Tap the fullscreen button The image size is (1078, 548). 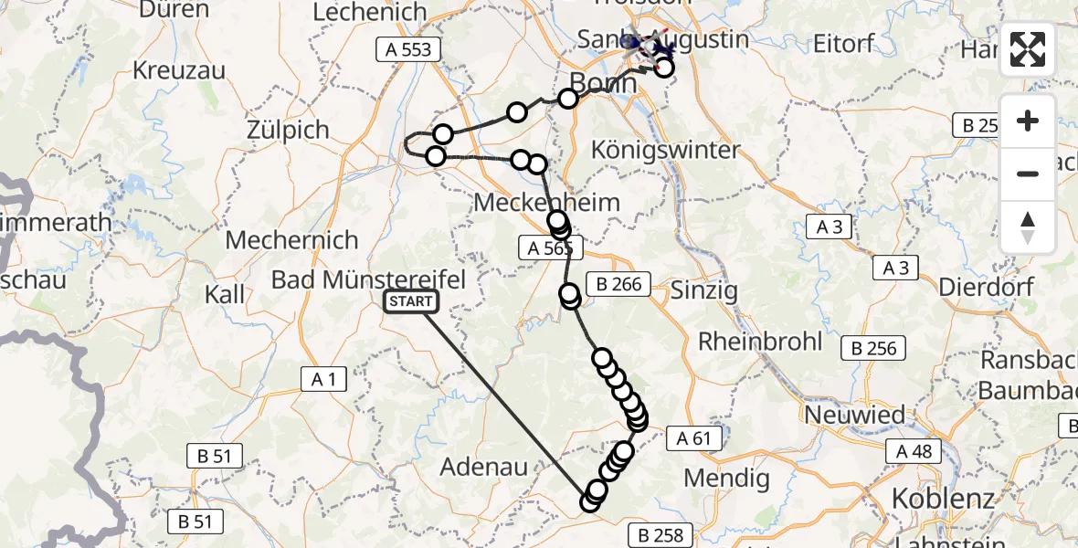tap(1028, 49)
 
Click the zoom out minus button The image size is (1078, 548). tap(1028, 174)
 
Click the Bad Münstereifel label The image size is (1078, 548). tap(369, 279)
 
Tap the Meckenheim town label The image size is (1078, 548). tap(546, 203)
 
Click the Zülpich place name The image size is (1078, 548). tap(288, 130)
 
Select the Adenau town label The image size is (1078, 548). tap(484, 467)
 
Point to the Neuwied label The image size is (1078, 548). tap(854, 415)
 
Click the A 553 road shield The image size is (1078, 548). tap(408, 49)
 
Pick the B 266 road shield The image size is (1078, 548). tap(618, 285)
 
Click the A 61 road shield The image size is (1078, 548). tap(694, 438)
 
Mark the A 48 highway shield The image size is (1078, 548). tap(914, 450)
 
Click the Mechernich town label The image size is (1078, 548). tap(291, 240)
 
